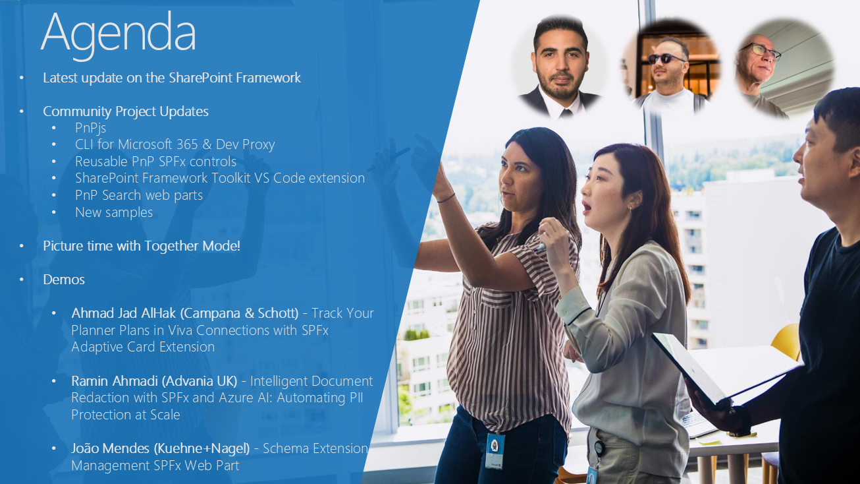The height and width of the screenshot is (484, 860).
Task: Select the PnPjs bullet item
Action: (91, 128)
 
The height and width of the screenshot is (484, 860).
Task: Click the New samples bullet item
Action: (114, 212)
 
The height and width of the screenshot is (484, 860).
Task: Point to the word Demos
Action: (64, 280)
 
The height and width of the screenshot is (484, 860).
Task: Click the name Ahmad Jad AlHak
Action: (124, 313)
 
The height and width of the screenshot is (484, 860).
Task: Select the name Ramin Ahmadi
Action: (115, 381)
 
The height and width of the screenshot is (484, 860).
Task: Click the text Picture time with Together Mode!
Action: (142, 246)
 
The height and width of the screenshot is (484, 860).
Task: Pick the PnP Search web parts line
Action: (139, 195)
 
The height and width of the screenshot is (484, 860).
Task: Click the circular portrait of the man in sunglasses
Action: (671, 66)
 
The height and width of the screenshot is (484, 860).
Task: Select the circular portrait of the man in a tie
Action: (560, 66)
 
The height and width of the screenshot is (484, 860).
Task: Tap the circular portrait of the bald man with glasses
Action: (784, 67)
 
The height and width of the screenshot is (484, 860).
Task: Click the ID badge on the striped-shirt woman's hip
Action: (495, 451)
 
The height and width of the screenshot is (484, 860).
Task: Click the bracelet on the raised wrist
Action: (446, 198)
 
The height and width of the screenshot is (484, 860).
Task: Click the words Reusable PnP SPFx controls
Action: (155, 162)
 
